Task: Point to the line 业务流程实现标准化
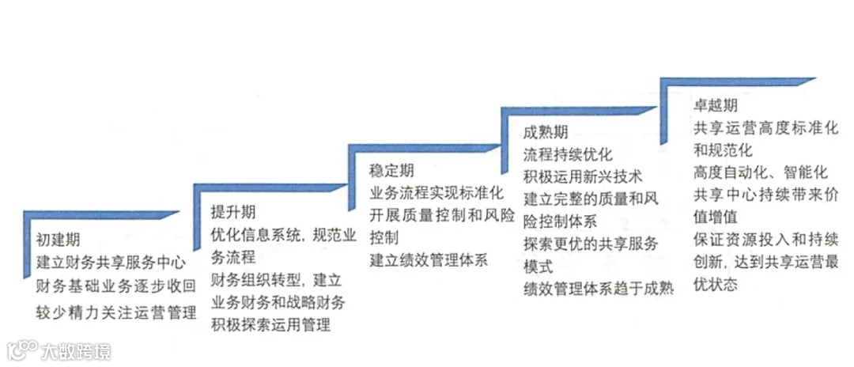point(437,192)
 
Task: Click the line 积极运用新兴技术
point(583,176)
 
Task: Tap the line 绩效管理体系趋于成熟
point(599,289)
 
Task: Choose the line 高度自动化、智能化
point(761,172)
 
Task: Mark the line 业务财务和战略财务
point(278,303)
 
